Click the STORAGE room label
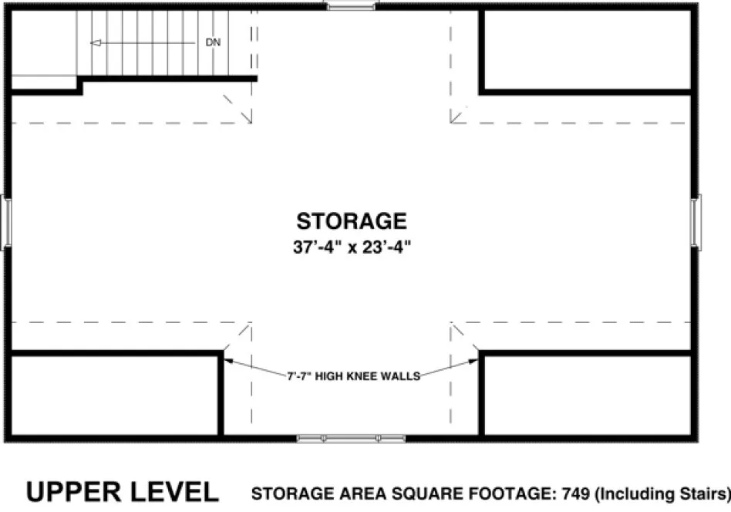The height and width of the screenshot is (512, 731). [x=352, y=222]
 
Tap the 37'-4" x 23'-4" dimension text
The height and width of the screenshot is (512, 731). [x=352, y=248]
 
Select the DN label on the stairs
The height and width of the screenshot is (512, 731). [x=213, y=42]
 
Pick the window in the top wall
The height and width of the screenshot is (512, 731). [x=351, y=6]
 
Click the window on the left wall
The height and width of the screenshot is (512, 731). [x=5, y=221]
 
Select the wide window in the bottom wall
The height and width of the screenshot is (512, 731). [x=352, y=439]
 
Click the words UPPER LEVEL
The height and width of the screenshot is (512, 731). [x=123, y=491]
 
